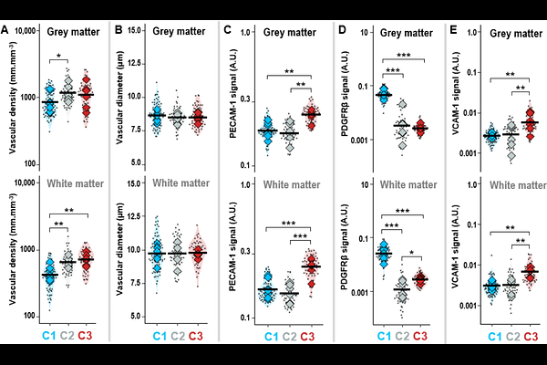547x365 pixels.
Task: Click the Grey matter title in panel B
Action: point(179,32)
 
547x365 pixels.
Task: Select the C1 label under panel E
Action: point(490,338)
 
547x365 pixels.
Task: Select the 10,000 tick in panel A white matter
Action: point(22,182)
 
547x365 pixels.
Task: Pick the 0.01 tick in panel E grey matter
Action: point(471,112)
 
